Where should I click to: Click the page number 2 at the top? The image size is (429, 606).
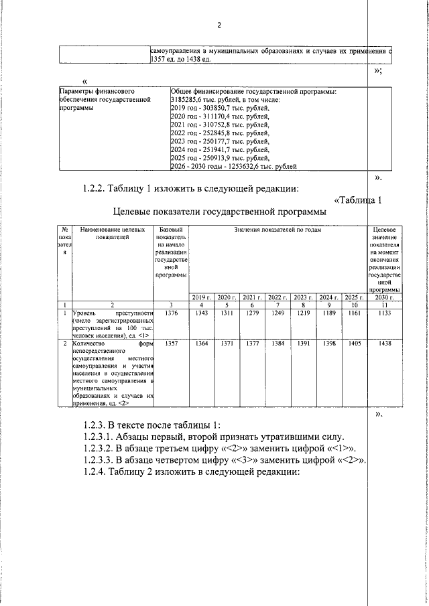[x=219, y=25]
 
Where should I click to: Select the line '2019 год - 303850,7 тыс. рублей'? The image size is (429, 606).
[x=220, y=108]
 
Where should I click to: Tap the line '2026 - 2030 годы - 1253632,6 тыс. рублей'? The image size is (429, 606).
[x=233, y=166]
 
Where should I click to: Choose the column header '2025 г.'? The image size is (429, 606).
[x=353, y=297]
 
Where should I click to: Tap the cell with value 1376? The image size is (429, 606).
[x=172, y=313]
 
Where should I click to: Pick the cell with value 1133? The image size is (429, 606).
[x=385, y=313]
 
